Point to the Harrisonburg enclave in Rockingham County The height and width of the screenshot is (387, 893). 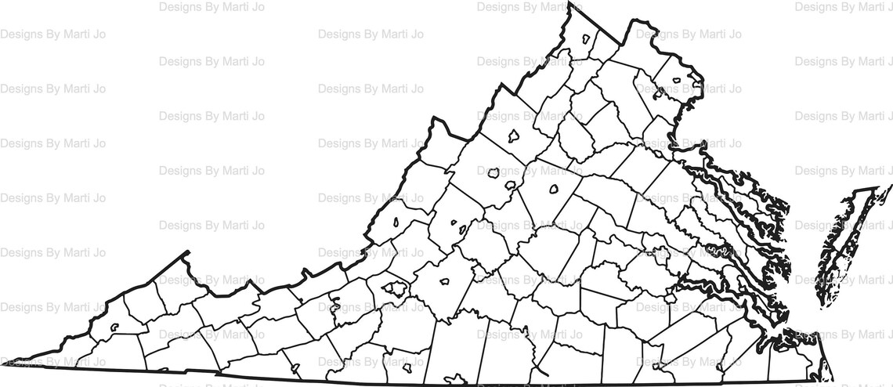[x=514, y=136]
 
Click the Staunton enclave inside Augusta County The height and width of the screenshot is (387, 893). [x=494, y=174]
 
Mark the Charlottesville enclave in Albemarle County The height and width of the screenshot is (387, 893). [x=553, y=189]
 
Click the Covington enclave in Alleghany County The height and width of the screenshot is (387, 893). [x=396, y=222]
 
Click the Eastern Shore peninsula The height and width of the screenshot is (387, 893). [x=838, y=251]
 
